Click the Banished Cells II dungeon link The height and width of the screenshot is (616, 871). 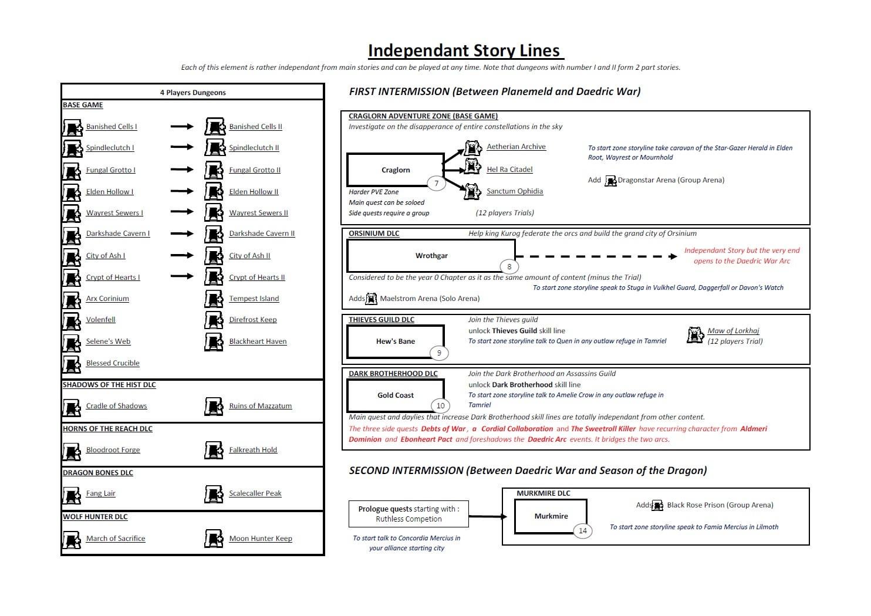tap(255, 127)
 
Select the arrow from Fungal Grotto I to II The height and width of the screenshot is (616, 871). tap(182, 170)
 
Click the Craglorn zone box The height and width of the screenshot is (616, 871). tap(396, 170)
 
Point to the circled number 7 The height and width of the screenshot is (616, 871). tap(436, 184)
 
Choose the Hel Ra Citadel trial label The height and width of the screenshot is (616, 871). tap(509, 170)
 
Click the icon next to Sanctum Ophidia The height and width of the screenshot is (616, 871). tap(472, 192)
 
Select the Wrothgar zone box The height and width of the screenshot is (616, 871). tap(431, 255)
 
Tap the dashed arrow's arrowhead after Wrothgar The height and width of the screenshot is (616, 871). tap(673, 256)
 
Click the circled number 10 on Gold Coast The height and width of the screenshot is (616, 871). tap(441, 406)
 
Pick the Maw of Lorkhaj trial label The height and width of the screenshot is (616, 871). tap(733, 331)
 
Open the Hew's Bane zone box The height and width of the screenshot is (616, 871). tap(396, 341)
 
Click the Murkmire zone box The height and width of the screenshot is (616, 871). tap(551, 516)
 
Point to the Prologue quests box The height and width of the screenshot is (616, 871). tap(409, 514)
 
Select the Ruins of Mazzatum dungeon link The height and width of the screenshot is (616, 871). tap(260, 406)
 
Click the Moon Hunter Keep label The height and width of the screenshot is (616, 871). tap(261, 539)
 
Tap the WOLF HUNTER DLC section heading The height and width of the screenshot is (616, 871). tap(95, 516)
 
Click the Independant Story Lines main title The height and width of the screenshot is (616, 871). tap(465, 51)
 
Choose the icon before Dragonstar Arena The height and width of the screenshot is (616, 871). tap(610, 181)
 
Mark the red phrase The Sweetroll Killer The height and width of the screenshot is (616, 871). tap(603, 429)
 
